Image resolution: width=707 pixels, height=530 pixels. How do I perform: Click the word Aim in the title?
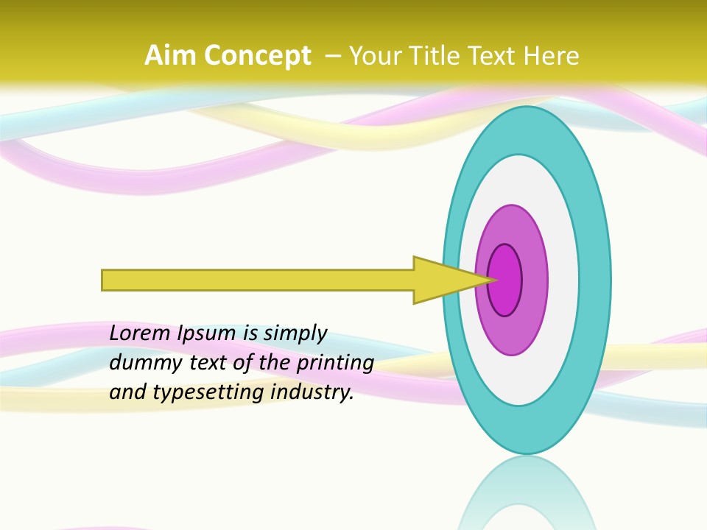pos(170,56)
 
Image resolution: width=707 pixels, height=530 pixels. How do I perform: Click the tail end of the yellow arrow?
pos(104,280)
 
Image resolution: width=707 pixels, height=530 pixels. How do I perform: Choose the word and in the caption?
pos(127,392)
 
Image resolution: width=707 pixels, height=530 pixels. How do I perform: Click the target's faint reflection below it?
pos(527,493)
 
